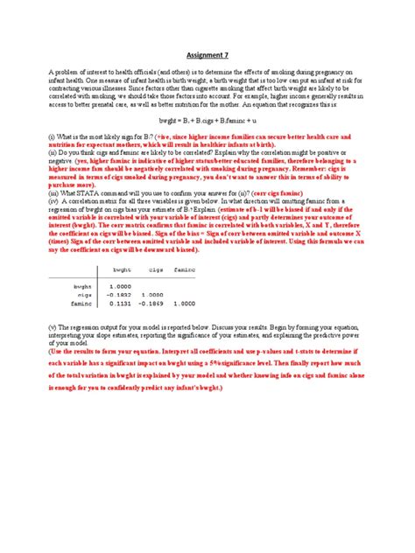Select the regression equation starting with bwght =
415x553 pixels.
pyautogui.click(x=207, y=117)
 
